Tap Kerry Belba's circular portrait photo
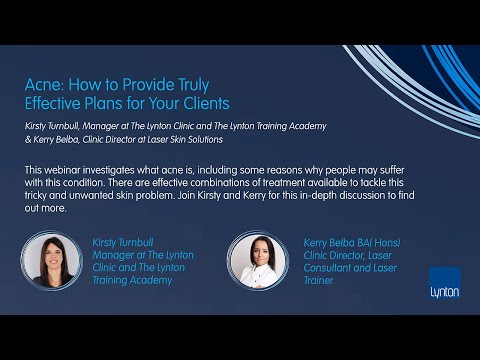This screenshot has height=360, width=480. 257,260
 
